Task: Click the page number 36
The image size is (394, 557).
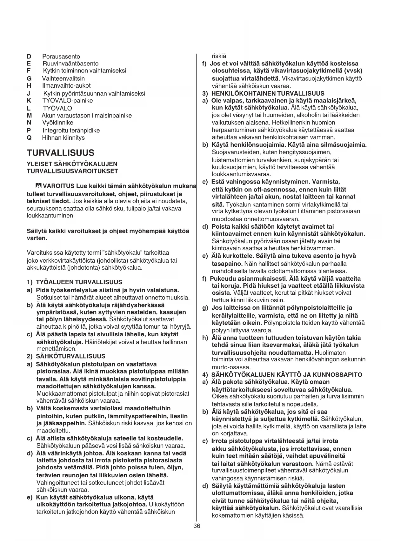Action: tap(197, 526)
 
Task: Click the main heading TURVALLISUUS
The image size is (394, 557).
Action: tap(61, 153)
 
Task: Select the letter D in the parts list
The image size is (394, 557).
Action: tap(29, 57)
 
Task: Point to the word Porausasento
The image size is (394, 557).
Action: tap(61, 57)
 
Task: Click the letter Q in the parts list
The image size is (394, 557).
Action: tap(29, 138)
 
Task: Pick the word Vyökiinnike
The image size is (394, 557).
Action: tap(57, 123)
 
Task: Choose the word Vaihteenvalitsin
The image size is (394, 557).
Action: tap(63, 78)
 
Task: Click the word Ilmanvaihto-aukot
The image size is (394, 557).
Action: tap(66, 85)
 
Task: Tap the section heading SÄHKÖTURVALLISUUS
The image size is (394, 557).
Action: tap(70, 356)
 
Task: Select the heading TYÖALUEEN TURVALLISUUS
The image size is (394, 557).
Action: tap(79, 282)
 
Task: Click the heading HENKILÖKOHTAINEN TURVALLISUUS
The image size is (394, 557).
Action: tap(268, 93)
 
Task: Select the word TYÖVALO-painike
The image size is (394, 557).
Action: tap(67, 101)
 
